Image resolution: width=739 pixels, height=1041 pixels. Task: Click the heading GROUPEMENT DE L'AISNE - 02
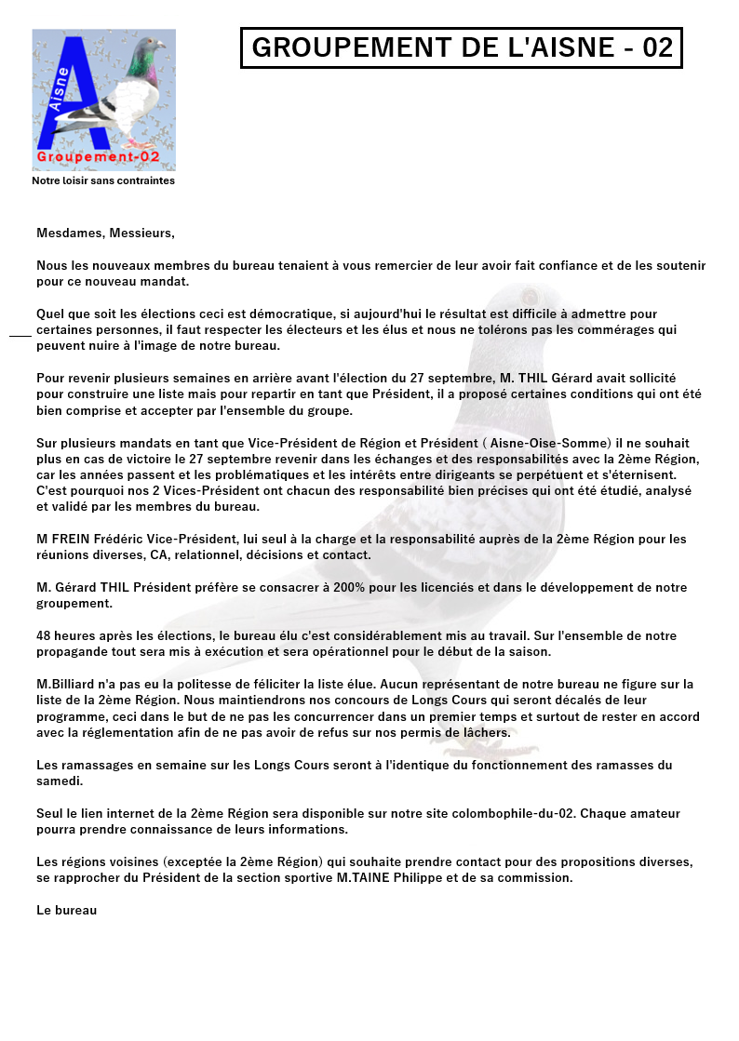(x=462, y=48)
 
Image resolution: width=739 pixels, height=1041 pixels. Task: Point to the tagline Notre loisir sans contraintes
(x=103, y=180)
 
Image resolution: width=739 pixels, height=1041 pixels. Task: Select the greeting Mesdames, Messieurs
(x=105, y=233)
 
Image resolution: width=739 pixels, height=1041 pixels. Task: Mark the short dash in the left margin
(x=20, y=333)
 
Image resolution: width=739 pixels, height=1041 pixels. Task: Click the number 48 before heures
(x=45, y=636)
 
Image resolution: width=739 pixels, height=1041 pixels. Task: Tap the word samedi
(x=60, y=781)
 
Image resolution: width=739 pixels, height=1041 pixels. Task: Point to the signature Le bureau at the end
(x=67, y=910)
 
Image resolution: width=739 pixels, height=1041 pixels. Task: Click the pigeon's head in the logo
(x=149, y=47)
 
